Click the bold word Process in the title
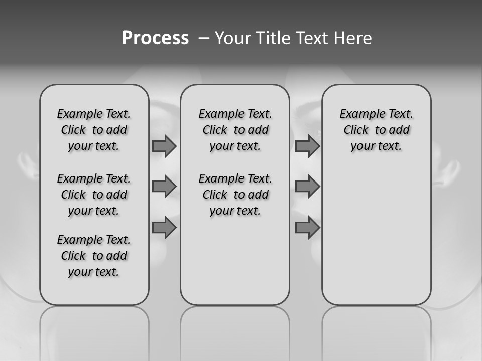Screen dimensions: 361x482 tap(155, 38)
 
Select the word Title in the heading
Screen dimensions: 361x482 tap(274, 38)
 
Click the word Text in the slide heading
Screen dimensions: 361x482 tap(312, 38)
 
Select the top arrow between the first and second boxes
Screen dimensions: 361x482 tap(164, 146)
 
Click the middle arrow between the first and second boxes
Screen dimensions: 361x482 tap(164, 187)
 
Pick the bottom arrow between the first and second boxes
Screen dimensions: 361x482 tap(164, 228)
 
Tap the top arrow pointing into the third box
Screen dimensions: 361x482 tap(307, 146)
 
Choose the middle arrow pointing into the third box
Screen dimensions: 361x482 tap(307, 187)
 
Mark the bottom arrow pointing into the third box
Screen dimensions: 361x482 tap(307, 228)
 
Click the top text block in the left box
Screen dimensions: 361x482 tap(94, 130)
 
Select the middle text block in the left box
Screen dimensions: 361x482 tap(94, 195)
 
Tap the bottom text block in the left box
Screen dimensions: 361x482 tap(94, 256)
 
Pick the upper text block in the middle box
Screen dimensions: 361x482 tap(235, 130)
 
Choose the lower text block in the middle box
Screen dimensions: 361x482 tap(235, 195)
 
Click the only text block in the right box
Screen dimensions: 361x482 tap(376, 130)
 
